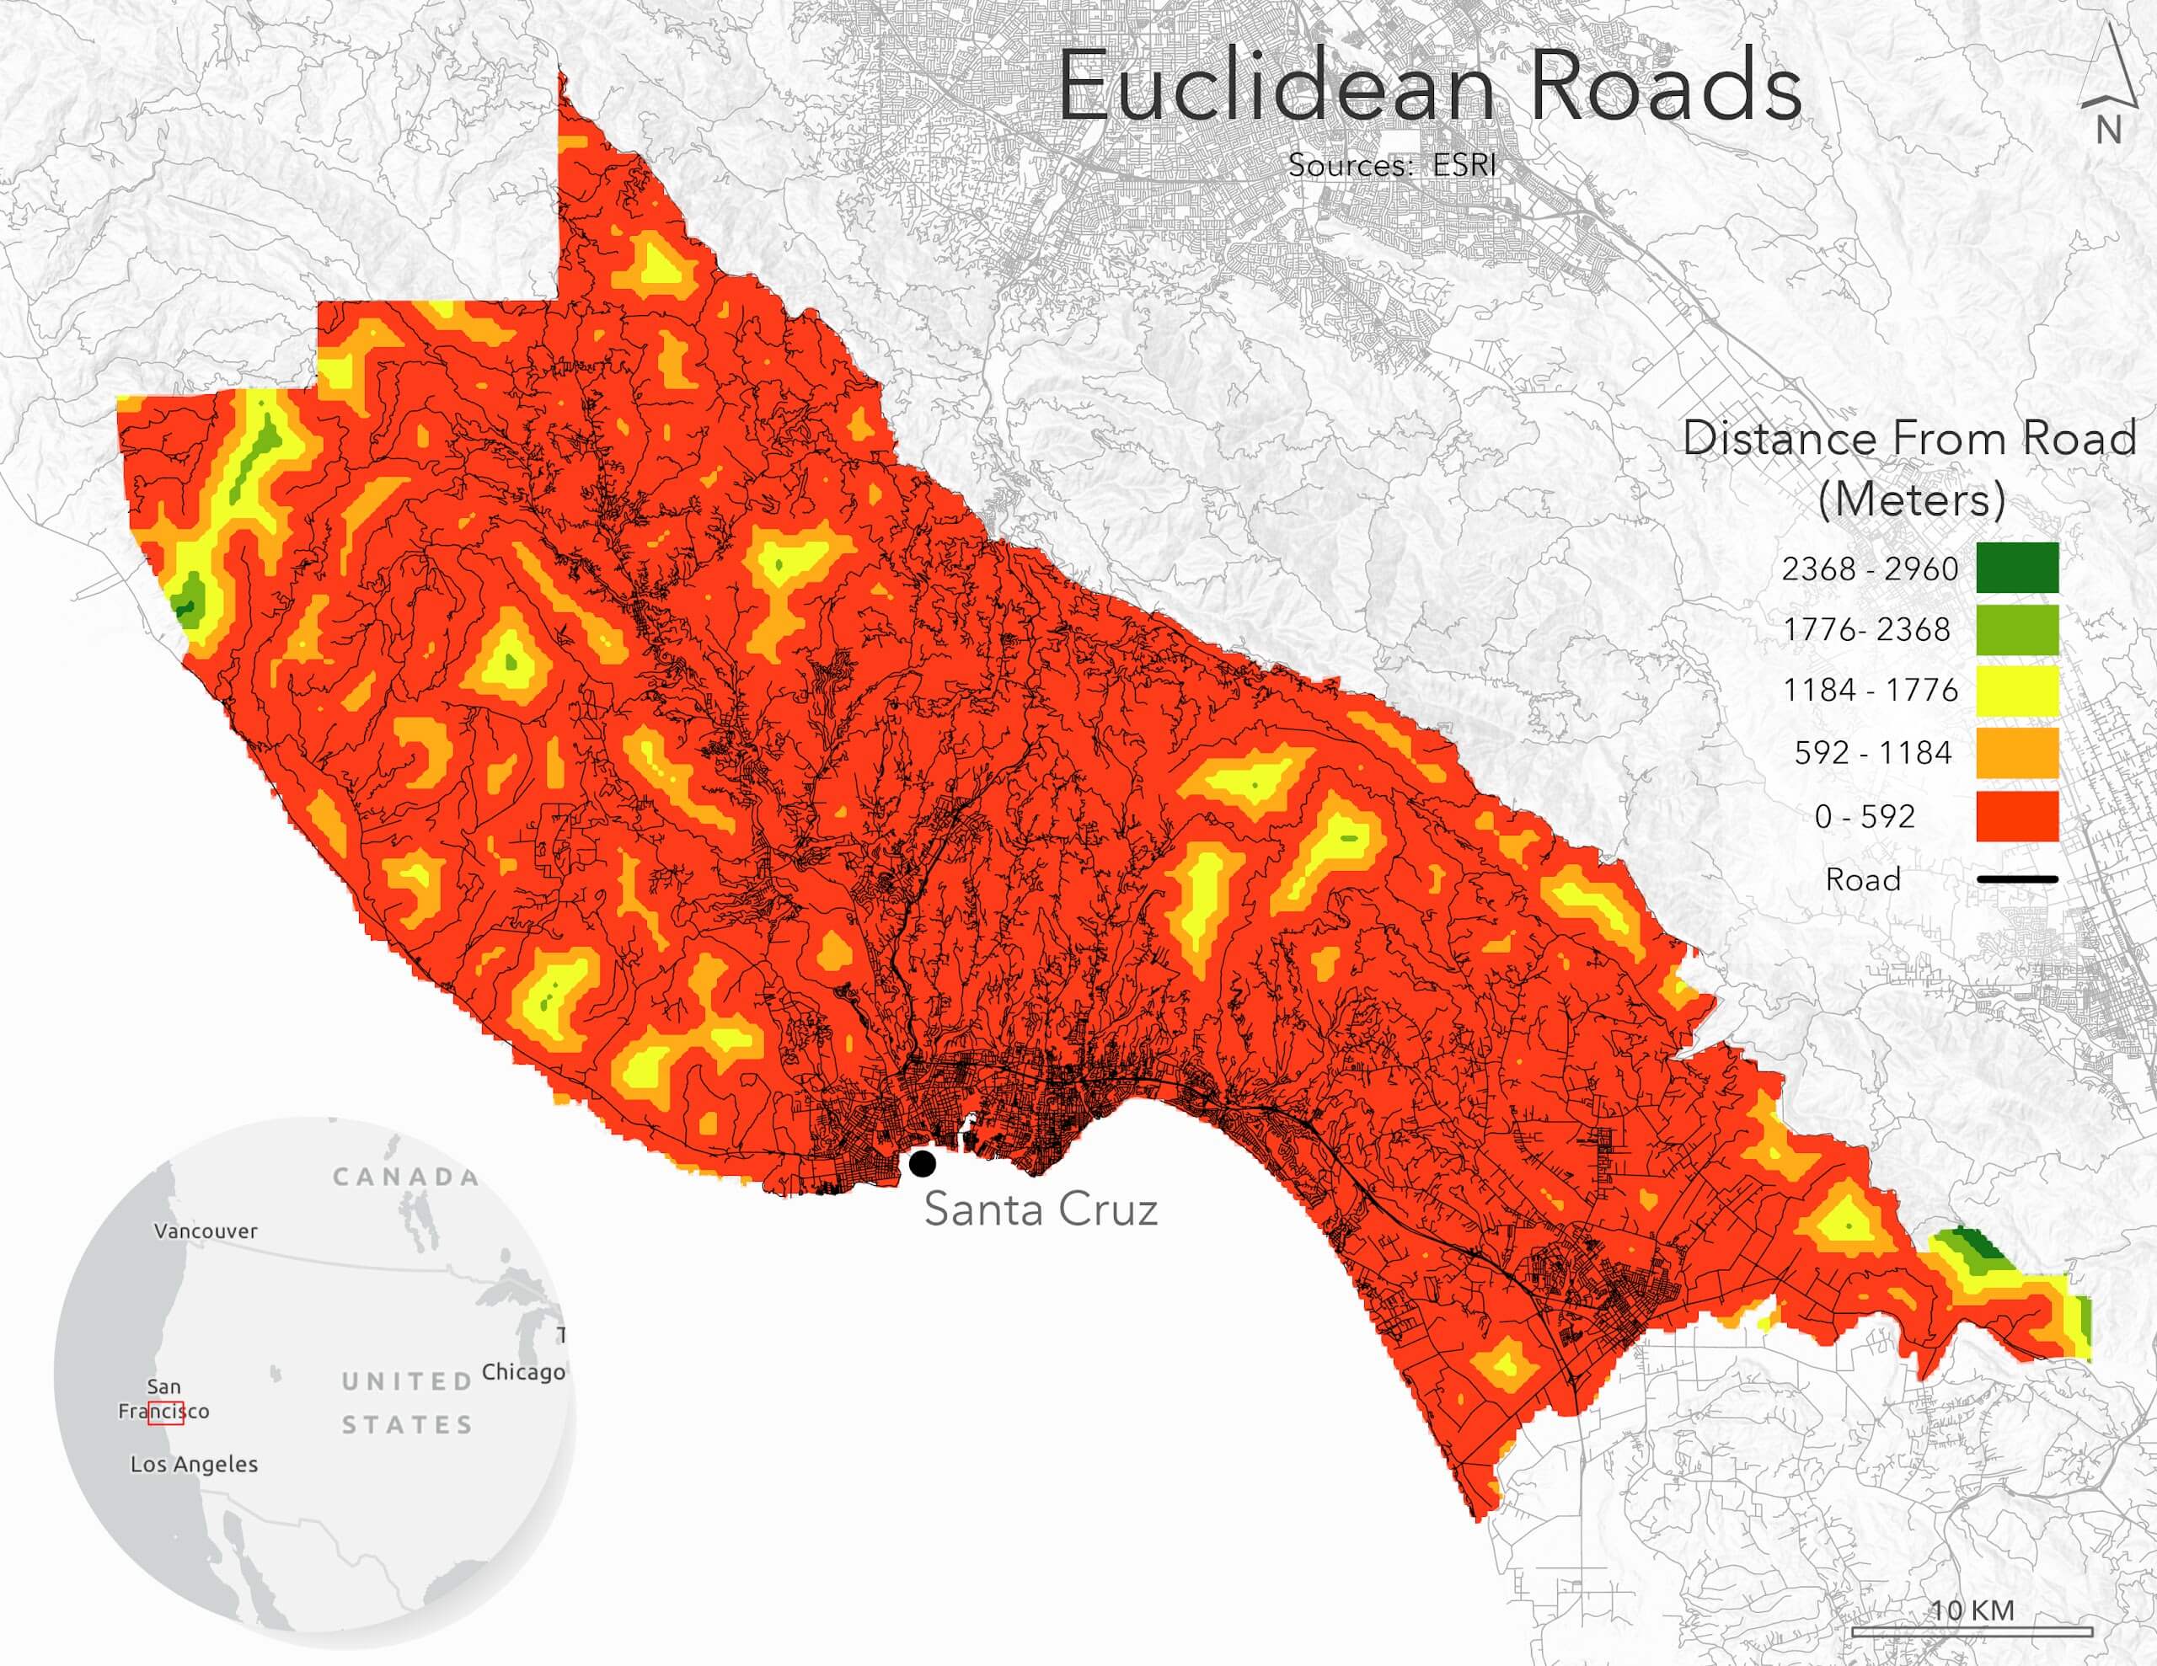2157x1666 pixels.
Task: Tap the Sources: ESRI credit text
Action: pyautogui.click(x=1392, y=165)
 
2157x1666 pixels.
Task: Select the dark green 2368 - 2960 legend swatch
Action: pyautogui.click(x=2017, y=568)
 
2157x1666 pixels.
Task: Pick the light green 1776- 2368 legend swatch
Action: pyautogui.click(x=2017, y=630)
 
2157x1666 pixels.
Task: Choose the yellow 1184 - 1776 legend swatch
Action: pyautogui.click(x=2017, y=691)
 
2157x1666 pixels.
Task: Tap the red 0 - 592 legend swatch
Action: pyautogui.click(x=2017, y=815)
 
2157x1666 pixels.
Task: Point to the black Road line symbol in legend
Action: pyautogui.click(x=2017, y=879)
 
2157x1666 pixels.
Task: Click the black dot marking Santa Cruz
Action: pyautogui.click(x=923, y=1163)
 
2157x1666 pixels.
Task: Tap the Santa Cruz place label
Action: pyautogui.click(x=1040, y=1209)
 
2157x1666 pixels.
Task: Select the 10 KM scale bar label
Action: pyautogui.click(x=1972, y=1610)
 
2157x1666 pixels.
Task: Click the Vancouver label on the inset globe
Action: pyautogui.click(x=206, y=1231)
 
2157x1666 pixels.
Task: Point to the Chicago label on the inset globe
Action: pyautogui.click(x=522, y=1372)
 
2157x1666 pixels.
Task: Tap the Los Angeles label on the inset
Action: pyautogui.click(x=194, y=1465)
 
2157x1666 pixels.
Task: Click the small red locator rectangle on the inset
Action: pyautogui.click(x=166, y=1412)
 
